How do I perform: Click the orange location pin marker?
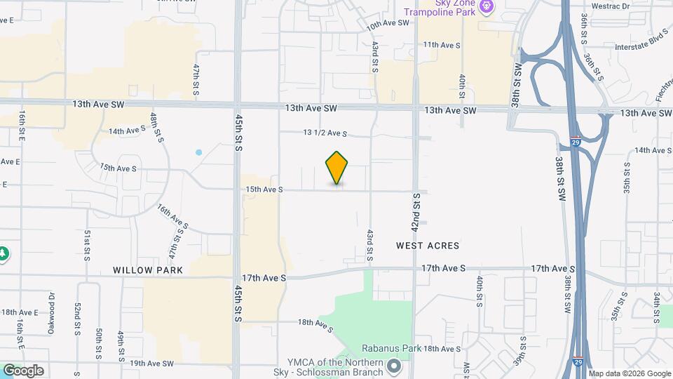click(x=337, y=167)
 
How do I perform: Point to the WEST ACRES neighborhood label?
click(x=428, y=246)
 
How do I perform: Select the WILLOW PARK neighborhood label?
click(x=148, y=270)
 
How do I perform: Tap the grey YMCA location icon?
click(x=395, y=366)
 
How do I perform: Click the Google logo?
click(x=23, y=370)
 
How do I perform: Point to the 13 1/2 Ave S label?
click(x=325, y=133)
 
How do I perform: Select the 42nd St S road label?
click(x=416, y=212)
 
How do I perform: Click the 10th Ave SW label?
click(x=387, y=23)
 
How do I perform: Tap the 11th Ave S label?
click(x=441, y=45)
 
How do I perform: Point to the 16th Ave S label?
click(x=172, y=218)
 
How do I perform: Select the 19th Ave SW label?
click(x=151, y=364)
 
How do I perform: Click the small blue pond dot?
click(x=199, y=152)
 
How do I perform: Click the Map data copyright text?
click(x=629, y=373)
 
